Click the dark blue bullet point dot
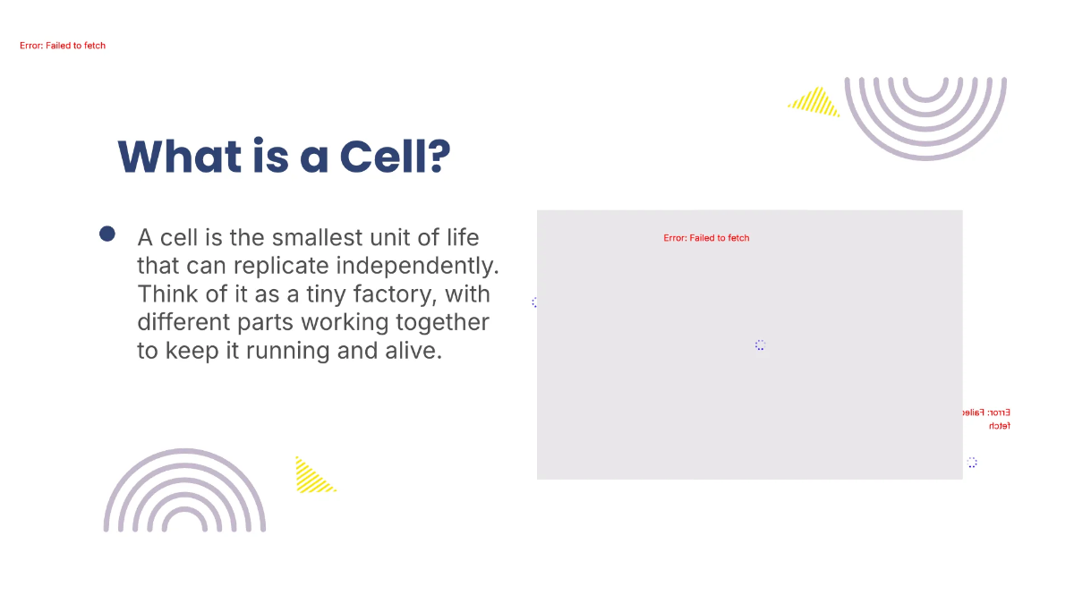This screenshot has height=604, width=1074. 107,234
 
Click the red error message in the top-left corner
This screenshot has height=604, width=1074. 63,46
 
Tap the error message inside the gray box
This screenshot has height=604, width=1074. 706,238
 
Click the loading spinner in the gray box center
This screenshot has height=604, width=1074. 760,345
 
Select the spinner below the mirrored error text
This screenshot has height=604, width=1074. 972,463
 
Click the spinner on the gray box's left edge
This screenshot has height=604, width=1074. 535,302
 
